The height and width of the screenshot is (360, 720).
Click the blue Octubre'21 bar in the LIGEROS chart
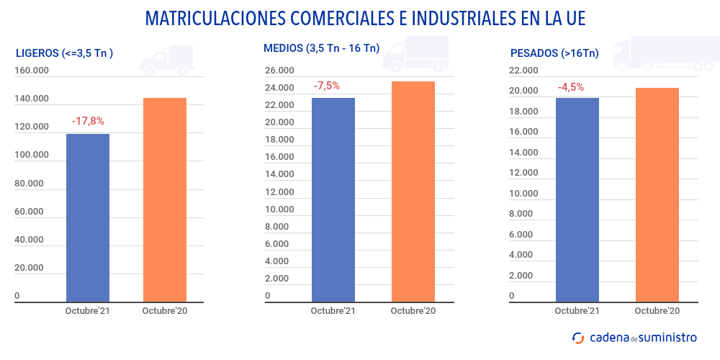(88, 217)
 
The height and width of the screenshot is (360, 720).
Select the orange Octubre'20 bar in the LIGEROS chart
(165, 199)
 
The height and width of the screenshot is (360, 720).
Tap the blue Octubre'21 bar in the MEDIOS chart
(333, 199)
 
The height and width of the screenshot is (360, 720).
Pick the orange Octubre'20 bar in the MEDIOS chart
(413, 191)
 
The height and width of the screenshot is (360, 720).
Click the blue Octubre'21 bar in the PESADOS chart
(577, 199)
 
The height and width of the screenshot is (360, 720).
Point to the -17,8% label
(88, 121)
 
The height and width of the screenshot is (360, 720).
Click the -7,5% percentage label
(327, 86)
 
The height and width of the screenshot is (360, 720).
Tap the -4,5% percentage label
(571, 87)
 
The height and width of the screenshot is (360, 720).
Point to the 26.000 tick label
(279, 71)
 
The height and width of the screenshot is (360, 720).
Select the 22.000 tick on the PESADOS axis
(523, 71)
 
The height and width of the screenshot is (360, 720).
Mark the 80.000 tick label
(30, 184)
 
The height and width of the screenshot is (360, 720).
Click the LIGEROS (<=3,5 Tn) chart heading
(64, 53)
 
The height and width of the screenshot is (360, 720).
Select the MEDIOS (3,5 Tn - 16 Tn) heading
(321, 49)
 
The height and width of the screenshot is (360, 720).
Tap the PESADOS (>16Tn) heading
(554, 53)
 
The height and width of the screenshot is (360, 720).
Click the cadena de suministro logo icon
(578, 337)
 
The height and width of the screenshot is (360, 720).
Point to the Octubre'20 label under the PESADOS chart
(657, 311)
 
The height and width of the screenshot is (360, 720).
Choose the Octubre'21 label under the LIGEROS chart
(88, 311)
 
